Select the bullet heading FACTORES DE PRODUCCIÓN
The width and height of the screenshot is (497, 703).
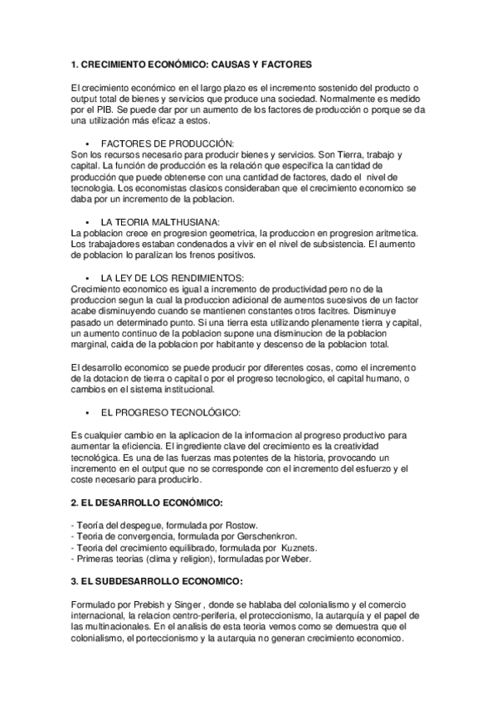pos(167,143)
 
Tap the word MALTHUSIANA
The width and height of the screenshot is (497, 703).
pos(179,221)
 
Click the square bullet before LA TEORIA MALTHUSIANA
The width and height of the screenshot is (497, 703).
pos(87,222)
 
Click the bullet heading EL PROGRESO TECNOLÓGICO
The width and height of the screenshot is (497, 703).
pos(171,411)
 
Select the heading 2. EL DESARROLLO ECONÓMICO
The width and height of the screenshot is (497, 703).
pos(147,502)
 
